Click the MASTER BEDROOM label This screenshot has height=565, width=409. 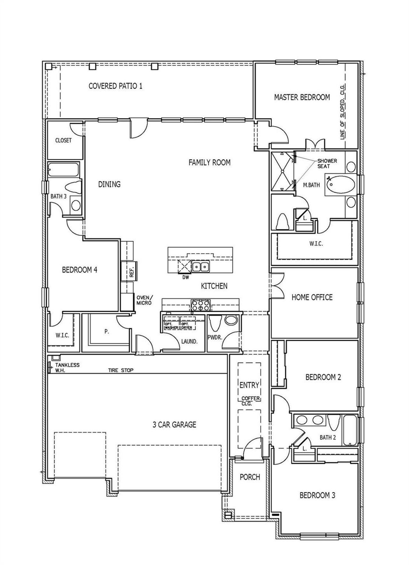(302, 97)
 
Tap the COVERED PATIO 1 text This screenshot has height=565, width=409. (115, 86)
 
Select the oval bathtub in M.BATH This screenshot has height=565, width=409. (340, 185)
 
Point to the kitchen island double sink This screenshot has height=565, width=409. (200, 266)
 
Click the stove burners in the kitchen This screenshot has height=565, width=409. (200, 305)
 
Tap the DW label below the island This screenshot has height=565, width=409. (186, 278)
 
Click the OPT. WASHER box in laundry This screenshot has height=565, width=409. (171, 325)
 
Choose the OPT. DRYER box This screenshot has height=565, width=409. (187, 325)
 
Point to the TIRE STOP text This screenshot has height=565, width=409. (120, 370)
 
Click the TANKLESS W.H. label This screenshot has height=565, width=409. (67, 367)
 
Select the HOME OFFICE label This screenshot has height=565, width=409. (312, 297)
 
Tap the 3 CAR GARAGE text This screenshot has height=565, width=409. (174, 424)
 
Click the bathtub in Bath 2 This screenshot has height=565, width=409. (350, 430)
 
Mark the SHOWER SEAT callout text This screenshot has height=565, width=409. (327, 164)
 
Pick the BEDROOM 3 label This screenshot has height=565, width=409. (317, 495)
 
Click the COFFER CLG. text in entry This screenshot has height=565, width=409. (250, 401)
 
